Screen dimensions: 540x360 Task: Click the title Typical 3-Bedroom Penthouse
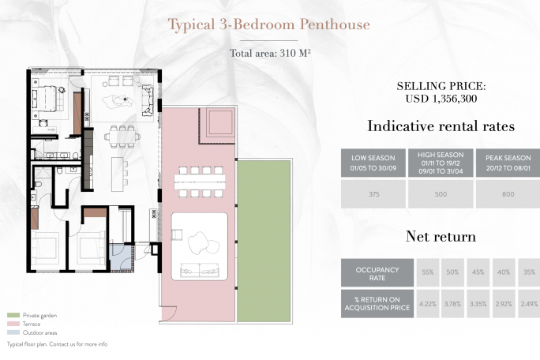[268, 24]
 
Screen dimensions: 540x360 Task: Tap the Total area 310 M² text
[270, 53]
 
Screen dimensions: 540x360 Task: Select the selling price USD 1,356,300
[441, 99]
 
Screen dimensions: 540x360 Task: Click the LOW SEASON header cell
[373, 163]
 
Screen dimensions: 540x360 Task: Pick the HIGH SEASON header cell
[441, 163]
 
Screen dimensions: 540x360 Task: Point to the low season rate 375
[373, 194]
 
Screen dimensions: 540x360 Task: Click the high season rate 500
[441, 194]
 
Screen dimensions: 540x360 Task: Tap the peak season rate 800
[508, 194]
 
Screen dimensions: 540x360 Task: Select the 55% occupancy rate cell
[428, 272]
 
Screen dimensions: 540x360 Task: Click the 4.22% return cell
[428, 304]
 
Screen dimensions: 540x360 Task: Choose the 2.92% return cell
[504, 304]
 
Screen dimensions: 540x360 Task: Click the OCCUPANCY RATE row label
[377, 272]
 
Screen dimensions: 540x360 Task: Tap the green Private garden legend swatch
[13, 315]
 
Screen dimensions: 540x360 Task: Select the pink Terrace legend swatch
[13, 324]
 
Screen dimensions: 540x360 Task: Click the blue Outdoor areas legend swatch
[13, 332]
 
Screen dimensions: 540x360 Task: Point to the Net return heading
[441, 236]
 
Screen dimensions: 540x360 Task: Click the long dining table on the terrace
[200, 182]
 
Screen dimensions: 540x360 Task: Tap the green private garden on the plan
[264, 241]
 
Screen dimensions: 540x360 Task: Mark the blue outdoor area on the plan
[121, 257]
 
